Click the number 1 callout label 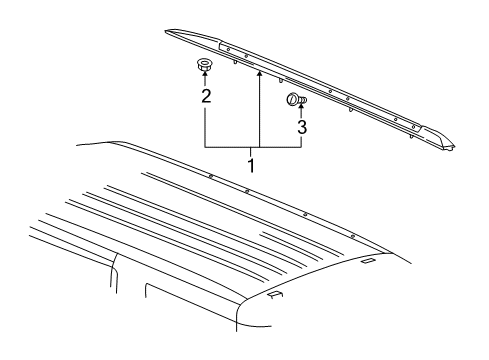click(252, 161)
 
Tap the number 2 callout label click(205, 97)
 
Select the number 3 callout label click(300, 127)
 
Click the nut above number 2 click(204, 68)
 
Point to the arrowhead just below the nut click(204, 80)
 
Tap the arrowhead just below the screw click(300, 110)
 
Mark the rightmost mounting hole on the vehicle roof click(354, 235)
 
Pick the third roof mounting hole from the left click(305, 213)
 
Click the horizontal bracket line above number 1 click(252, 147)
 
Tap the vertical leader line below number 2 click(205, 125)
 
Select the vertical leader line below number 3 click(300, 140)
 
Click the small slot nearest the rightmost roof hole click(367, 261)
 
